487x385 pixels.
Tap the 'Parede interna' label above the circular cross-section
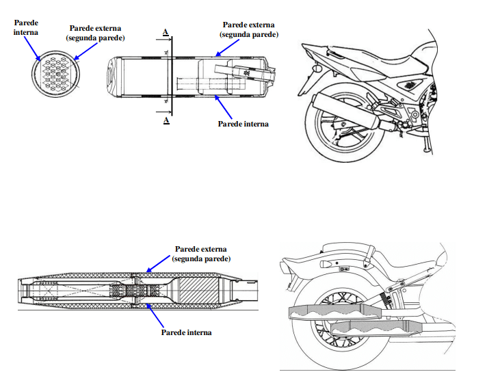pyautogui.click(x=26, y=27)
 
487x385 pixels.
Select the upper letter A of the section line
pyautogui.click(x=166, y=31)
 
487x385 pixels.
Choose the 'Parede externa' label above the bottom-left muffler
pyautogui.click(x=200, y=254)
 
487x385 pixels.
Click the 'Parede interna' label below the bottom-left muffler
pyautogui.click(x=186, y=332)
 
